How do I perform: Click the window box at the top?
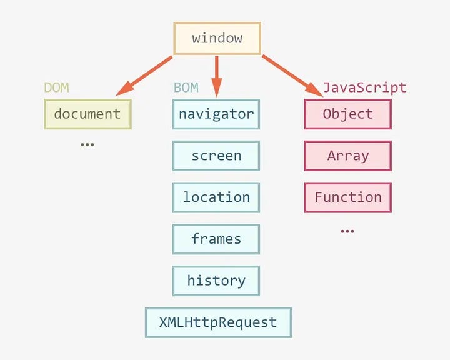[x=217, y=38]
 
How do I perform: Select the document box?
[x=87, y=114]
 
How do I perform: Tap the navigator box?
[x=216, y=114]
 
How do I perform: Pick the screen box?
[x=216, y=156]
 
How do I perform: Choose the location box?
[x=216, y=197]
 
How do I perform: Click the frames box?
[x=216, y=239]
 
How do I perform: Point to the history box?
[x=216, y=281]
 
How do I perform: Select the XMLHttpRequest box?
[x=218, y=322]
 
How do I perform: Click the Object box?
[x=348, y=114]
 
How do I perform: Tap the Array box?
[x=348, y=156]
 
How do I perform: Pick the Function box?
[x=348, y=197]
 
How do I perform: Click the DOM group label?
[x=56, y=87]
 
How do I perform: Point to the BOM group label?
[x=186, y=87]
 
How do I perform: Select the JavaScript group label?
[x=364, y=87]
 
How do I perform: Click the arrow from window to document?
[x=145, y=76]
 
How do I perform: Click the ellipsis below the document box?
[x=87, y=144]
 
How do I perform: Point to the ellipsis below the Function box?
[x=347, y=231]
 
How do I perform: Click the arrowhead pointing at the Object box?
[x=314, y=90]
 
